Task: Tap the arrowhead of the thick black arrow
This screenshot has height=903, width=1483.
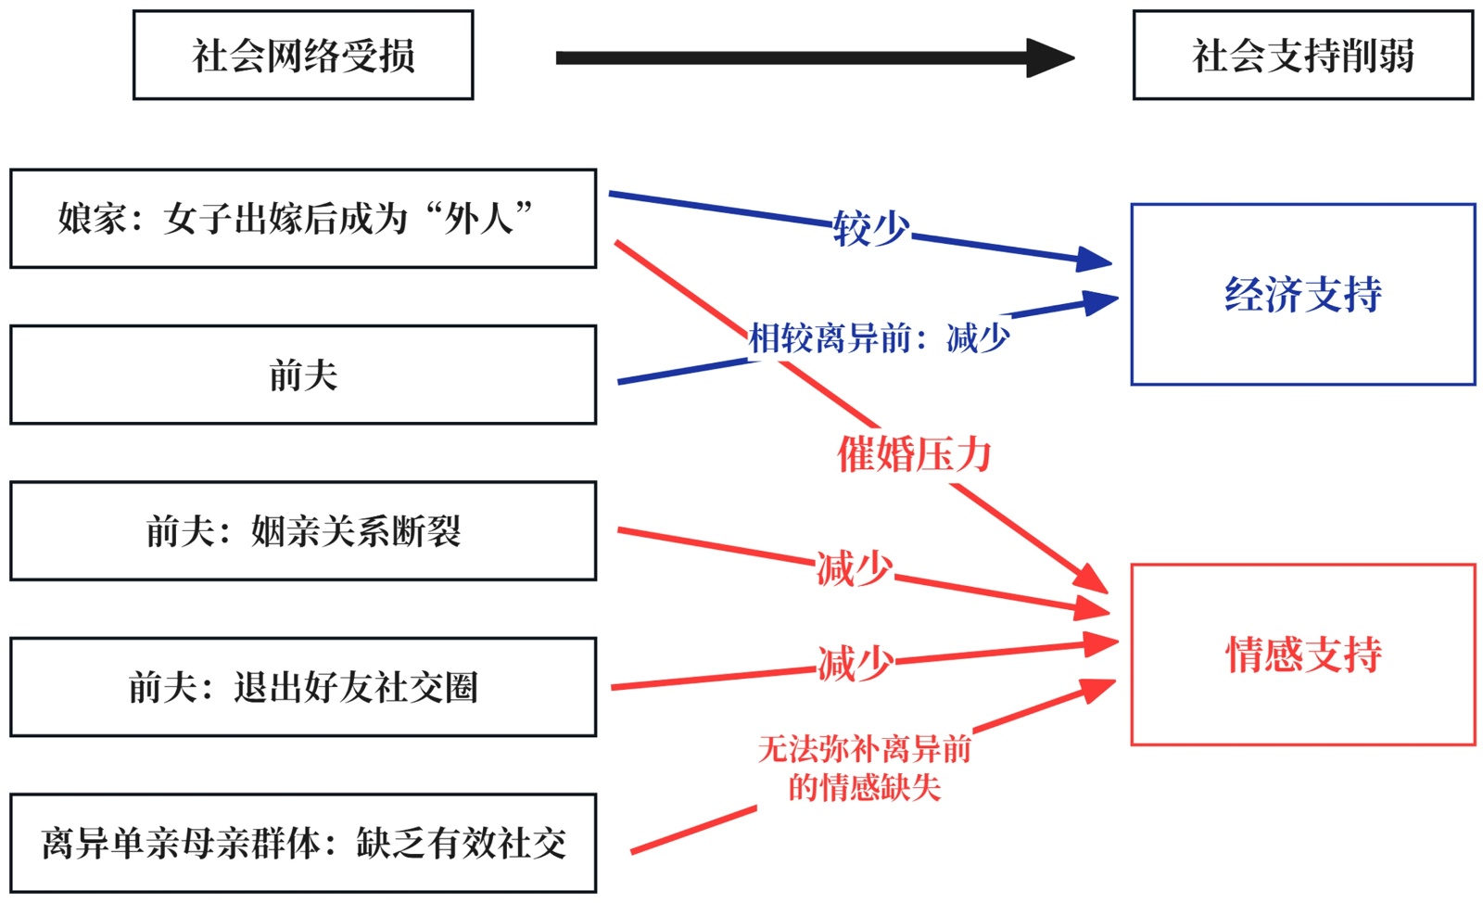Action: pos(1050,57)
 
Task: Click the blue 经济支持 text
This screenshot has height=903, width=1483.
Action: pos(1303,294)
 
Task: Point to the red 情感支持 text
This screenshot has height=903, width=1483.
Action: pos(1303,655)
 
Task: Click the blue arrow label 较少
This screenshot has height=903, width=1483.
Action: pos(871,228)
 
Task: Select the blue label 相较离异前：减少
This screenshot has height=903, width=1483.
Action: pos(879,338)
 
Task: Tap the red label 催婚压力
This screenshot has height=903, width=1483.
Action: pos(914,454)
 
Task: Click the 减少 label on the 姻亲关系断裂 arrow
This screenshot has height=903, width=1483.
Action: pos(854,568)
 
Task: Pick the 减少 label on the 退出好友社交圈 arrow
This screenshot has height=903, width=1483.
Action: pos(856,664)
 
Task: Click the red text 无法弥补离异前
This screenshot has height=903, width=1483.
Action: pos(864,749)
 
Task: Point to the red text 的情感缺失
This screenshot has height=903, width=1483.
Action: pos(864,788)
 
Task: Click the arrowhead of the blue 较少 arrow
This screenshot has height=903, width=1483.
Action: pos(1094,260)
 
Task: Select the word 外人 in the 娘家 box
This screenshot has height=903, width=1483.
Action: pos(478,219)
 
